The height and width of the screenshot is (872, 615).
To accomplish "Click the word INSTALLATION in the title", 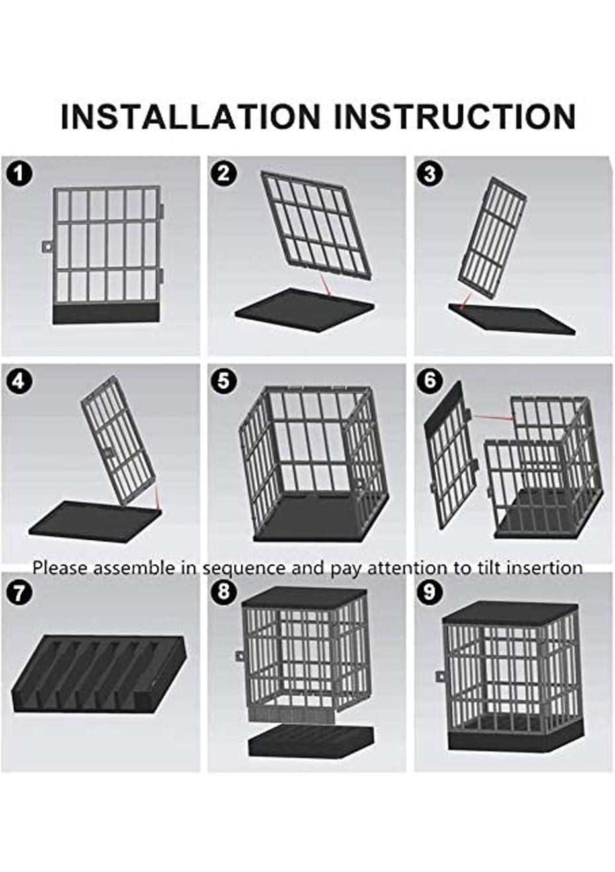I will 190,117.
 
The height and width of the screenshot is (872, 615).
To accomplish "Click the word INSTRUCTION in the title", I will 454,117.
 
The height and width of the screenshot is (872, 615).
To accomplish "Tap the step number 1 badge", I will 19,174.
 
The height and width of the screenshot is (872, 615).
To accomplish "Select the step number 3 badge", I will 430,174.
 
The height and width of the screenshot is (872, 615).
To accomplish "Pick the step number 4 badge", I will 19,381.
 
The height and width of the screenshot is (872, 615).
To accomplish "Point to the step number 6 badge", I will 430,381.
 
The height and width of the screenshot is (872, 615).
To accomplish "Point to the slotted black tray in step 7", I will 99,674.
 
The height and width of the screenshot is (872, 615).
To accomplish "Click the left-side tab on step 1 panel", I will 46,246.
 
